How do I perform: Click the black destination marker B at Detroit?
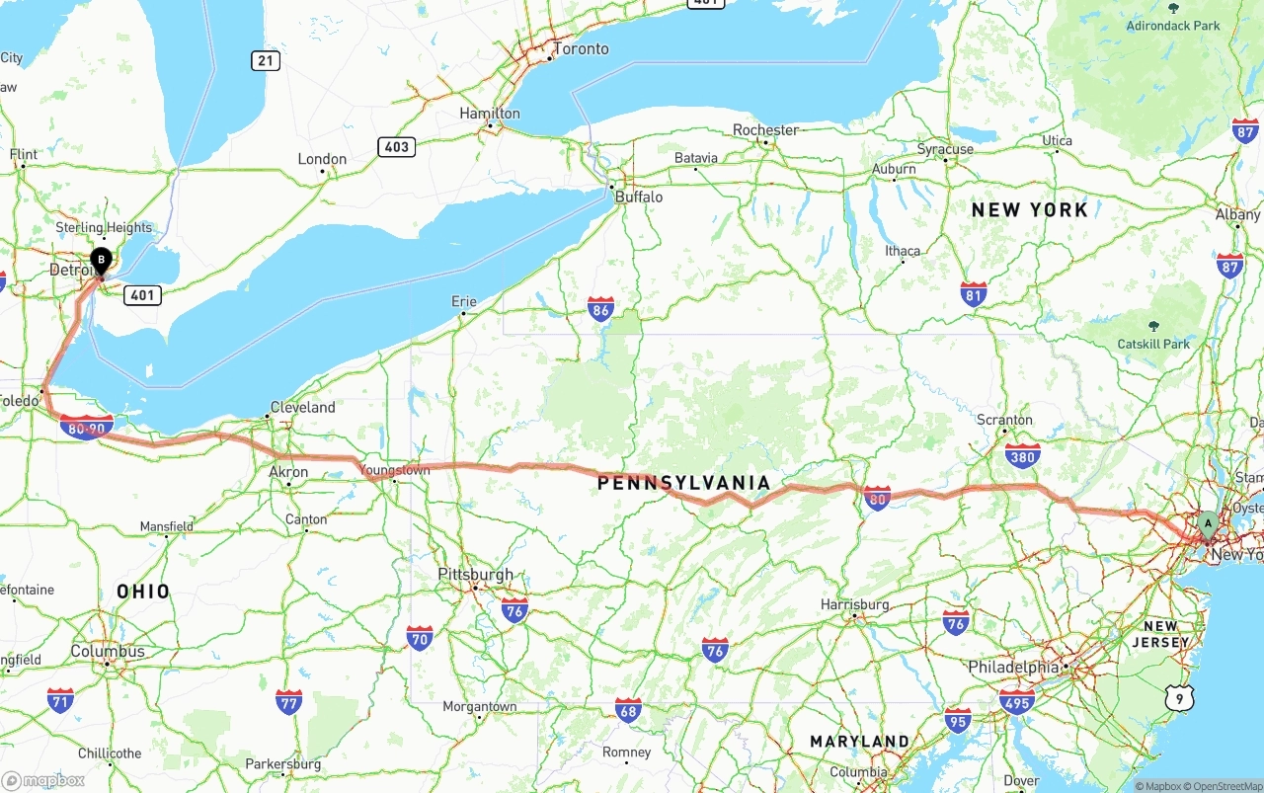tap(101, 261)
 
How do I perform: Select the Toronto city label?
tap(581, 48)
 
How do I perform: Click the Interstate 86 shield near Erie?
tap(600, 310)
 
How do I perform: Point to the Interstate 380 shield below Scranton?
tap(1022, 455)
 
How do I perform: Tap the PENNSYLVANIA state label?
tap(683, 483)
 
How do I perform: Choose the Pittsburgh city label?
tap(476, 574)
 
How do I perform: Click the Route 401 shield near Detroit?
tap(143, 295)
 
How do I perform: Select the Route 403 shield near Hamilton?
tap(396, 147)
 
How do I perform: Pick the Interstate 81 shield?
tap(974, 294)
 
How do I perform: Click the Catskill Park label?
tap(1153, 344)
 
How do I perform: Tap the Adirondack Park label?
tap(1173, 26)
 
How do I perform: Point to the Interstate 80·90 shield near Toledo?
tap(86, 428)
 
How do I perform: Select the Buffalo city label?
tap(639, 197)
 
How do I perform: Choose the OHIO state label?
tap(143, 592)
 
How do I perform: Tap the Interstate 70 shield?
tap(420, 637)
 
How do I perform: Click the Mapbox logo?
tap(43, 780)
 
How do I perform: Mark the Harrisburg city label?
tap(855, 604)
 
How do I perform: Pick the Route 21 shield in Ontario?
tap(265, 61)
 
